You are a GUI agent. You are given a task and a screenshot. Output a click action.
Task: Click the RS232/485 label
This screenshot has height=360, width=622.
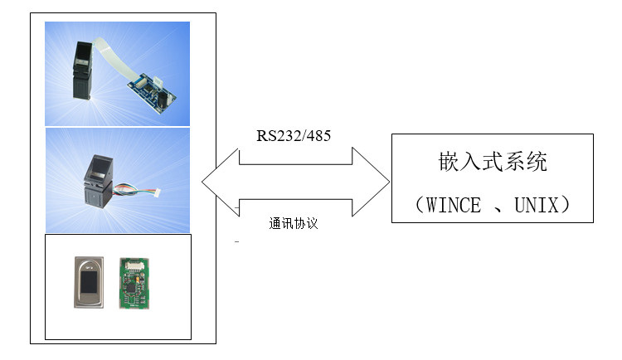tap(294, 135)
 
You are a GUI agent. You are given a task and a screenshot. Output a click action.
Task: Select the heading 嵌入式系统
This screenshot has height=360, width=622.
tap(493, 163)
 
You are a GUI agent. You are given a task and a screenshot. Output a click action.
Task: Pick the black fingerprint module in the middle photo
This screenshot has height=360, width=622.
tap(98, 178)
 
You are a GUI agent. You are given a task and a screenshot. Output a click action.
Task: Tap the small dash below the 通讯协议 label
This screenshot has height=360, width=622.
tap(237, 243)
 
